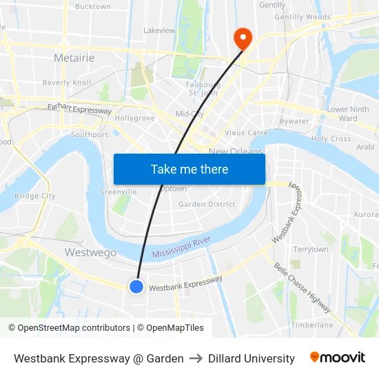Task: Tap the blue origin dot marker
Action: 136,286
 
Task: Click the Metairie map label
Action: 74,58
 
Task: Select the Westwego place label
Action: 90,252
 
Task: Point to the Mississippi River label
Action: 181,247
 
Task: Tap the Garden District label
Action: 207,205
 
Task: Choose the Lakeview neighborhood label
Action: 159,31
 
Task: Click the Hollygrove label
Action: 134,118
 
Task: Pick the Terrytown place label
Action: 310,249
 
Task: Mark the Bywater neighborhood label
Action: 294,121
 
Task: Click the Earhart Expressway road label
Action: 79,108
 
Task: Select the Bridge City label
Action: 35,196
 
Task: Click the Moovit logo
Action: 338,358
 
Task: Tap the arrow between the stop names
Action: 196,358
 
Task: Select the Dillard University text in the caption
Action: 252,358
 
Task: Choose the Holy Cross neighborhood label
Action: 331,139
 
